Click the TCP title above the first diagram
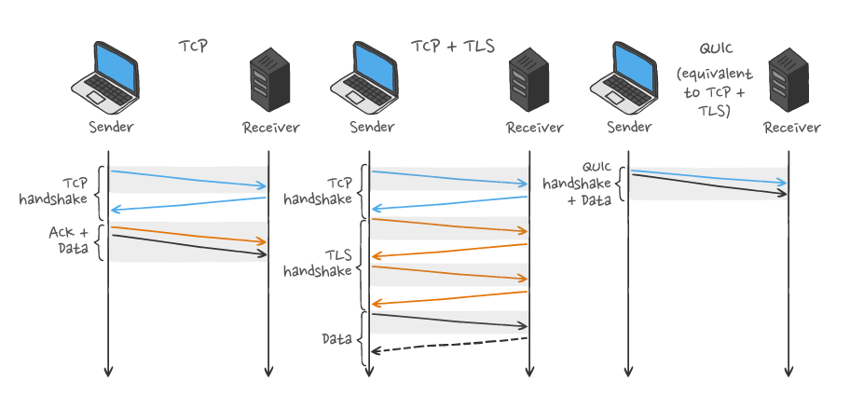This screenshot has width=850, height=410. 195,44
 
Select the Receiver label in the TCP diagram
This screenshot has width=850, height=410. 270,128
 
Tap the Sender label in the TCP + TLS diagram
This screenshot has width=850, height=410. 371,128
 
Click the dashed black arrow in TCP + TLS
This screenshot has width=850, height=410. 449,345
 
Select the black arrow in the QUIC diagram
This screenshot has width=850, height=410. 708,183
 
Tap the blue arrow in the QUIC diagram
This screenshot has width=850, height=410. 708,177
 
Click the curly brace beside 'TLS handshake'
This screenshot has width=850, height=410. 363,265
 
